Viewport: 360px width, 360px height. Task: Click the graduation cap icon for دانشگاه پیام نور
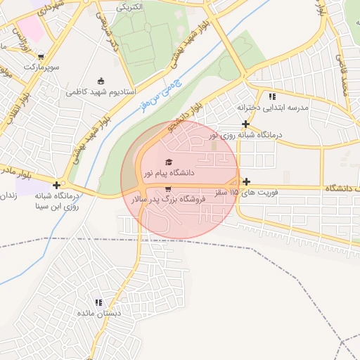pos(167,163)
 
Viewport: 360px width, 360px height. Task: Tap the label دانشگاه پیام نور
pos(169,172)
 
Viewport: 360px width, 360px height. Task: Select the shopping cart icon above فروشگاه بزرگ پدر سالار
pos(167,189)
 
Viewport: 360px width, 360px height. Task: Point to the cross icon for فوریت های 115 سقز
pos(246,182)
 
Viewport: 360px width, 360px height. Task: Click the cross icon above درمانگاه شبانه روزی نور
pos(245,124)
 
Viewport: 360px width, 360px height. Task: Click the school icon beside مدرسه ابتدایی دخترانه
pos(271,96)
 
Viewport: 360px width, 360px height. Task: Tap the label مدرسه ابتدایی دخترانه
pos(273,107)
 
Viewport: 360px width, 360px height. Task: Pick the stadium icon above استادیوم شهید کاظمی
pos(101,81)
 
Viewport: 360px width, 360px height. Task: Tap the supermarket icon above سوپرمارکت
pos(41,56)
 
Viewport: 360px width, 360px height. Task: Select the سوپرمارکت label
pos(40,67)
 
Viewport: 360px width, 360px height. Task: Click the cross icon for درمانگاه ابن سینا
pos(57,185)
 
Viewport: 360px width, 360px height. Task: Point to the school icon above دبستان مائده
pos(98,302)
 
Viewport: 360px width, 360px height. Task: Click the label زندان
pos(7,195)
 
